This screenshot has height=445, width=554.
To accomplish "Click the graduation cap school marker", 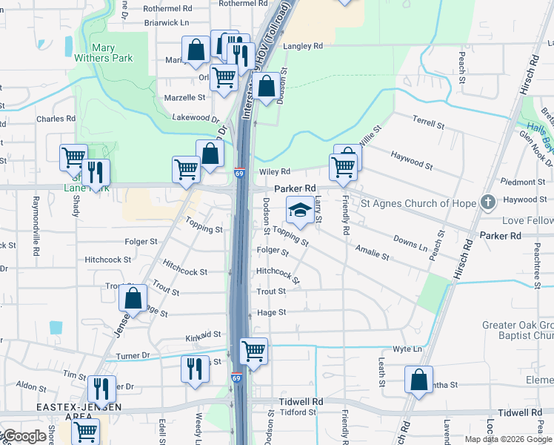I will pos(299,211).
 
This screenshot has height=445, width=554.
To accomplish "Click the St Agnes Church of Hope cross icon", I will pos(487,202).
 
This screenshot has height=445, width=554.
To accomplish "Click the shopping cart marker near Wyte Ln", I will pos(254,350).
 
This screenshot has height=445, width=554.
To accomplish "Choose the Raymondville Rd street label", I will pos(35,226).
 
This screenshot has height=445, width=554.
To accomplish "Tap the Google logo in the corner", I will pos(24,436).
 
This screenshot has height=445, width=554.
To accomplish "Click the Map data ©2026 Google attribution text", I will pos(508,439).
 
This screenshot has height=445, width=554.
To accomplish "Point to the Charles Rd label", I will pos(56,118).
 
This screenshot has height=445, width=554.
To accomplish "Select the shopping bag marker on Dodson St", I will pos(267,87).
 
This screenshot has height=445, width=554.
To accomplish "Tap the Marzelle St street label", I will pos(184,97).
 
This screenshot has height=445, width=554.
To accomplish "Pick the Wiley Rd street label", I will pos(274,172).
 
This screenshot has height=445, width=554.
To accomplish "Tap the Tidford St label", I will pos(298,412).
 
